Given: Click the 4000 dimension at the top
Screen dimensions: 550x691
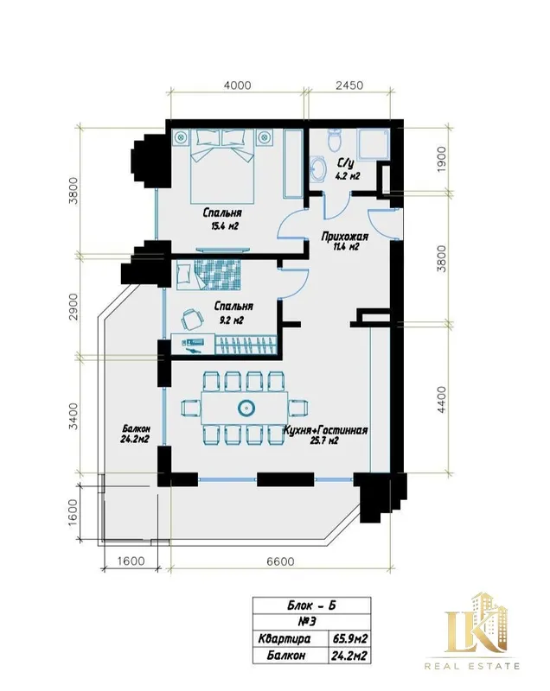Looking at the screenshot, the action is point(237,85).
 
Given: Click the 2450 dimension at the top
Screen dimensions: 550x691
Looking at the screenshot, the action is point(349,85).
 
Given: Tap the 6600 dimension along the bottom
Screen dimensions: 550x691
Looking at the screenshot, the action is point(280,561).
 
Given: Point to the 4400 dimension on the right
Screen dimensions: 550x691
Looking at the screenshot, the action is point(442,399).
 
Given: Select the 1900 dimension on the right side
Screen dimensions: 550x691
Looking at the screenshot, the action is point(442,159).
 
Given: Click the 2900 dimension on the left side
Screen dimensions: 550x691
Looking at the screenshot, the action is point(74,307).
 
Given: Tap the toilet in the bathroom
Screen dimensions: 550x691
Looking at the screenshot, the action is point(336,139).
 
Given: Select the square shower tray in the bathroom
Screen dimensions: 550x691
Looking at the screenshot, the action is point(374,144).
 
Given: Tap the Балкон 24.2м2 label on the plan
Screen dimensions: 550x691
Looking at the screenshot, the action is point(135,434).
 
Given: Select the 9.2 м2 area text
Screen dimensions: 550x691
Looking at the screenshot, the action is point(232,320).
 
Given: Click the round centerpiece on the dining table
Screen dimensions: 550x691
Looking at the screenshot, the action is point(246,408).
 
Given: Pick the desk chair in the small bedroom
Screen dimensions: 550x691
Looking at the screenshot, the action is point(191,319).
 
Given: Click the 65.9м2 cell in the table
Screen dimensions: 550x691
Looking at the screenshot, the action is point(349,638).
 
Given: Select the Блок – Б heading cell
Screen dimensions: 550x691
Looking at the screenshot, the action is point(311,605).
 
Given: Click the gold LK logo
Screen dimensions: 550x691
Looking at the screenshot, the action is point(476,623).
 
